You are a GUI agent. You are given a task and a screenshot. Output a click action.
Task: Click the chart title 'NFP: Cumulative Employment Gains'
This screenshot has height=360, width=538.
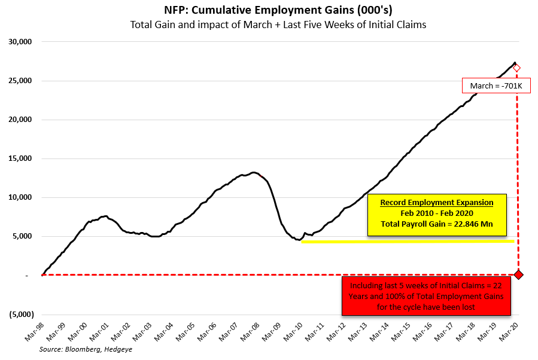tap(269, 11)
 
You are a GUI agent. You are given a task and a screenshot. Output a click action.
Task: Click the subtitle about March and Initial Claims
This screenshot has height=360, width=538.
tap(269, 25)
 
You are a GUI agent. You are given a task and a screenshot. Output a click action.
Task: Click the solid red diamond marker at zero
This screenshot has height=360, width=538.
tap(518, 275)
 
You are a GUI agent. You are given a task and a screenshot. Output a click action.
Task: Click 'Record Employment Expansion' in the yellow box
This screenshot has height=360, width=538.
tap(436, 203)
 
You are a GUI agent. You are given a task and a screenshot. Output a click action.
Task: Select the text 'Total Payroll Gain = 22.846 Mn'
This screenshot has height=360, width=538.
tap(436, 224)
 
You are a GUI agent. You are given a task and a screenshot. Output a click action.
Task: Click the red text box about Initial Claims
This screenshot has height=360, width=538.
tap(425, 295)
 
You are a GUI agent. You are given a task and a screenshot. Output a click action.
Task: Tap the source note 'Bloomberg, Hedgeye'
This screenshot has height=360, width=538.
tap(86, 349)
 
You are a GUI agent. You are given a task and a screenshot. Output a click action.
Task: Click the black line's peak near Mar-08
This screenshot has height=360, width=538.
tap(253, 172)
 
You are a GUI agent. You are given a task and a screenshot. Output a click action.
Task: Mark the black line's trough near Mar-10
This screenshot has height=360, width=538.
tap(299, 240)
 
